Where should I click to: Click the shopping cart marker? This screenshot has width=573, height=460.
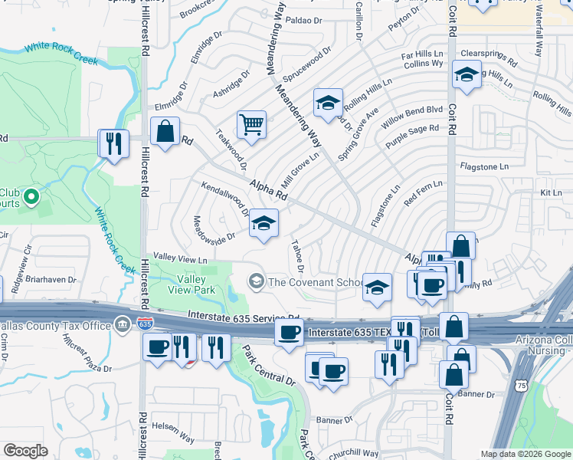[x=251, y=124]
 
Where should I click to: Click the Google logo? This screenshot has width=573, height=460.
[x=25, y=451]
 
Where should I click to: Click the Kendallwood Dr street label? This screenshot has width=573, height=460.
[x=225, y=198]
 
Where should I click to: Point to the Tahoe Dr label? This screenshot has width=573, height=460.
[x=297, y=257]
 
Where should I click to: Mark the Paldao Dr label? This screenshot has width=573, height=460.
[x=303, y=20]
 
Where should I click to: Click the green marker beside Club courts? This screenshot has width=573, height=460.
[x=31, y=198]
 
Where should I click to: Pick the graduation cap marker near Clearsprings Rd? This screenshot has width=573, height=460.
[x=465, y=75]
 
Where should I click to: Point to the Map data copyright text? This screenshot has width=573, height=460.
[x=525, y=454]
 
